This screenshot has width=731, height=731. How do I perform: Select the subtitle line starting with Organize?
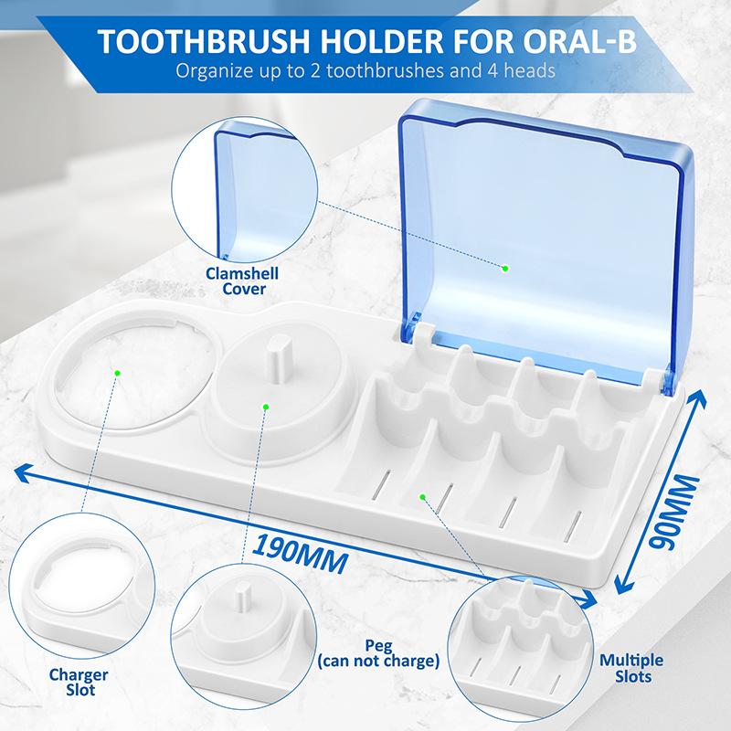pyautogui.click(x=365, y=69)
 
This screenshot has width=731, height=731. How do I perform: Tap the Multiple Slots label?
pyautogui.click(x=631, y=668)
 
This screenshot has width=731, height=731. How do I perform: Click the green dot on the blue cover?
pyautogui.click(x=505, y=268)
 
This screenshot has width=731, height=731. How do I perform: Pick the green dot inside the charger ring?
pyautogui.click(x=117, y=371)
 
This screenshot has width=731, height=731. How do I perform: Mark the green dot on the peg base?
pyautogui.click(x=265, y=408)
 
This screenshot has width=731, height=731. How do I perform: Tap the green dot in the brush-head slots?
pyautogui.click(x=423, y=496)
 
